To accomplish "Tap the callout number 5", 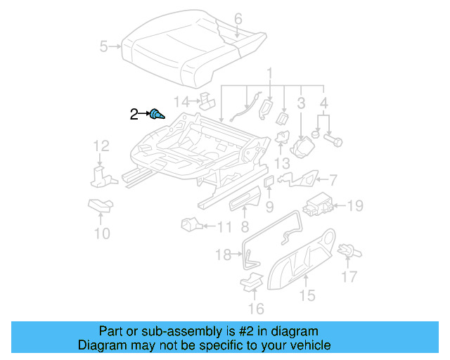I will pyautogui.click(x=103, y=47).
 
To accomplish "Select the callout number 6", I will pyautogui.click(x=238, y=18).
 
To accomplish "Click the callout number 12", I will pyautogui.click(x=102, y=146).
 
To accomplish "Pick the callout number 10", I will pyautogui.click(x=102, y=233).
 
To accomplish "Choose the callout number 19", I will pyautogui.click(x=355, y=205).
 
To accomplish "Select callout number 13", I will pyautogui.click(x=282, y=163).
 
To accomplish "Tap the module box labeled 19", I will pyautogui.click(x=319, y=203).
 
